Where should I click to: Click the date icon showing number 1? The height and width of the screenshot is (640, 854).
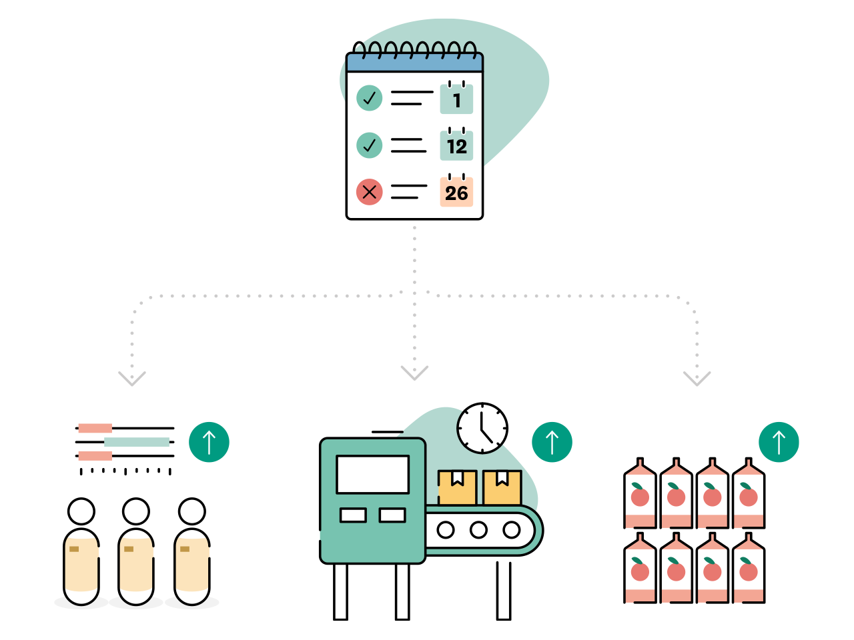456,99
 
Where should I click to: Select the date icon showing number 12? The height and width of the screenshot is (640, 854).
456,145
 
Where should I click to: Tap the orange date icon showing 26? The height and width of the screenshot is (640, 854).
456,192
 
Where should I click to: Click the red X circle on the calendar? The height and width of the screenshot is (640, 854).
369,192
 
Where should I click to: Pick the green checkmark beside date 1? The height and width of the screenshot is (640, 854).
369,98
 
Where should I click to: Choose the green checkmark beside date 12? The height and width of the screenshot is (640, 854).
369,145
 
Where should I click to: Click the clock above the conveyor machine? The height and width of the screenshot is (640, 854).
482,429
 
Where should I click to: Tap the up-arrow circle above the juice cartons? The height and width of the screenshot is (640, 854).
779,442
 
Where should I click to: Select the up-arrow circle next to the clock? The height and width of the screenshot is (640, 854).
552,442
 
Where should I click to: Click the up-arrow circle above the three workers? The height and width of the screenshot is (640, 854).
209,442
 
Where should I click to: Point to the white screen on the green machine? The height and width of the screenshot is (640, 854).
373,475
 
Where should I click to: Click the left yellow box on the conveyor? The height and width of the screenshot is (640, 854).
457,487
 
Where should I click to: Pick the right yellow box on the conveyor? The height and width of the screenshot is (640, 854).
502,487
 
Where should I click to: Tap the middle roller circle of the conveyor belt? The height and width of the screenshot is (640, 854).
478,530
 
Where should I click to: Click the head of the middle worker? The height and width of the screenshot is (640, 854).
136,511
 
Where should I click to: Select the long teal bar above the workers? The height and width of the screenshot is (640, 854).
137,442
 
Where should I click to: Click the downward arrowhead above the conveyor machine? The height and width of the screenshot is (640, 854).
414,373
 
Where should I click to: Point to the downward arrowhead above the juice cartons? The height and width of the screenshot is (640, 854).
697,379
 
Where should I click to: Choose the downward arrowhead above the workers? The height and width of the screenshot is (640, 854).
132,379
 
